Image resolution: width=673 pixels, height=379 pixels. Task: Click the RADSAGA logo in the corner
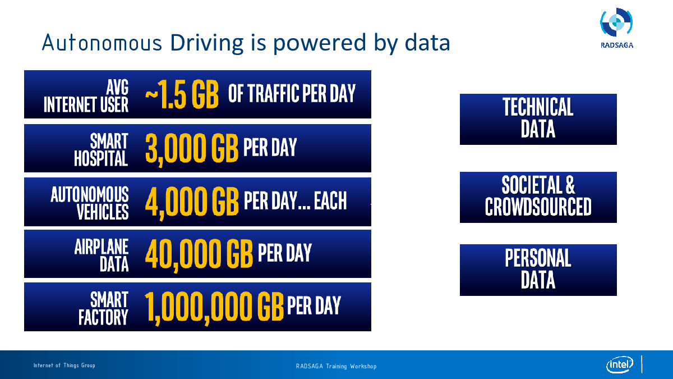pos(616,28)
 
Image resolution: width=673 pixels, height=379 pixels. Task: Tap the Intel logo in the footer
pos(620,364)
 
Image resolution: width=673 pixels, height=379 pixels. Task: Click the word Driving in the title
pos(207,43)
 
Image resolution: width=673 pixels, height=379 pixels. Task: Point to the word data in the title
pos(427,43)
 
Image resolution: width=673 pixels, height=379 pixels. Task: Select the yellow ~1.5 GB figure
pos(182,94)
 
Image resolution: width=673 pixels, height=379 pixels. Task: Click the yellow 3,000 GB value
pos(192,148)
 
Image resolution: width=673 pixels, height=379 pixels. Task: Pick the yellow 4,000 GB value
pos(192,202)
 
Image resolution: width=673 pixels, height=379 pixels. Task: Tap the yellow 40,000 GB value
pos(199,254)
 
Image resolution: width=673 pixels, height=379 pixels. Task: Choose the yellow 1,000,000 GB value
pos(214,307)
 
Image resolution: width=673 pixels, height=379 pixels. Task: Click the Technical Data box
pos(538,119)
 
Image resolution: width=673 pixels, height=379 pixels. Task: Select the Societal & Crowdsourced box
pos(538,197)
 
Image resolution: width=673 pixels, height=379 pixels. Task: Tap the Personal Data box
pos(538,270)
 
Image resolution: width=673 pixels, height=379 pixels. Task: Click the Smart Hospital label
pos(102,149)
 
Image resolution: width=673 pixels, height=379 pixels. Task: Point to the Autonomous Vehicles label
pos(90,203)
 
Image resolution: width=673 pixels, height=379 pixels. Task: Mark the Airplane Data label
pos(102,255)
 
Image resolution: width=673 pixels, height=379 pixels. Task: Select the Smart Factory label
pos(104,308)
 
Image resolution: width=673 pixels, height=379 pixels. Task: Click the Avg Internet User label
pos(86,96)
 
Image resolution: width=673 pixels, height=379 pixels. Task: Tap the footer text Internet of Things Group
pos(64,366)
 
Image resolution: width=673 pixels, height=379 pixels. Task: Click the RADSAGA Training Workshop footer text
pos(336,366)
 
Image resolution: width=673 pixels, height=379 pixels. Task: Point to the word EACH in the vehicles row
pos(330,200)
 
